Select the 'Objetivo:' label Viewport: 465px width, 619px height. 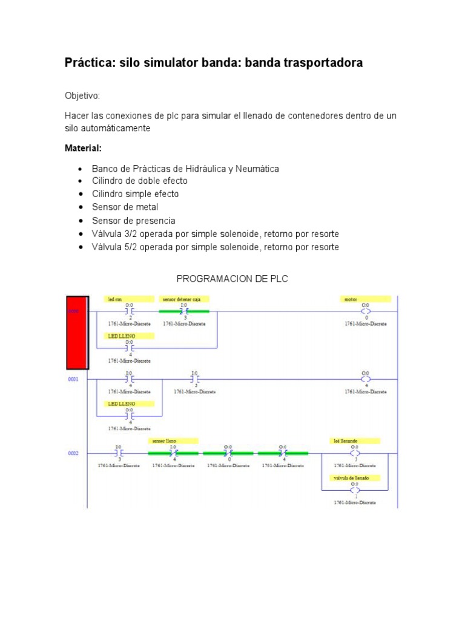pos(82,96)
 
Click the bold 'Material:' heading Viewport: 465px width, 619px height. pos(83,148)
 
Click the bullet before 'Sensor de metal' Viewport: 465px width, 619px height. pos(80,207)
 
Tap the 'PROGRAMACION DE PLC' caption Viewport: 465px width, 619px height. pos(232,279)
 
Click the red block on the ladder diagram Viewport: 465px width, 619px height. pos(77,332)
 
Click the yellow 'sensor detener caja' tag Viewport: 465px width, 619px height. pos(184,299)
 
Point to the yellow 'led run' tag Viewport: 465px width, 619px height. pos(130,299)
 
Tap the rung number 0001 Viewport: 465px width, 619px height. pos(74,379)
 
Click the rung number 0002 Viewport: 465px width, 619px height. pos(74,453)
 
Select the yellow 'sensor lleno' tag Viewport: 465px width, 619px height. pos(173,441)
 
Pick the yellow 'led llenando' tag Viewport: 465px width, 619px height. pos(354,441)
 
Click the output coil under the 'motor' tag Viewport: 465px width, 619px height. pos(366,312)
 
